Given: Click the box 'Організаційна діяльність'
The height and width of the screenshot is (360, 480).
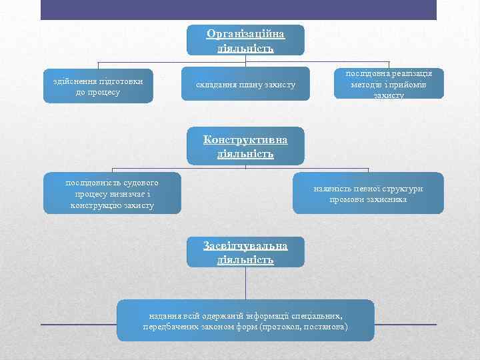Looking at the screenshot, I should pos(245,40).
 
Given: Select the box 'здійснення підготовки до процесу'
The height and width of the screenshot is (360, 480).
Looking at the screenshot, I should pos(98,86).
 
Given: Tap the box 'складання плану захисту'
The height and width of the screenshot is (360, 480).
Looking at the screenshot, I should pos(245,84).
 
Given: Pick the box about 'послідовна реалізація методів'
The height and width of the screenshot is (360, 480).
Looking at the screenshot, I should pos(389,84).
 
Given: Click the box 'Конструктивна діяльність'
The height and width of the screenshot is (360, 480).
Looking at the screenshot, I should pos(245,146).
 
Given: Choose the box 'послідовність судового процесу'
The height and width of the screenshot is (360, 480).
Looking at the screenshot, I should pos(112,193).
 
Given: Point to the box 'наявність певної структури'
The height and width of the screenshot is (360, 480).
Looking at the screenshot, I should pos(368,193).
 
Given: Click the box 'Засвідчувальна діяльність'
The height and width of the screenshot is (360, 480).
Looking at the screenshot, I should pos(245,252).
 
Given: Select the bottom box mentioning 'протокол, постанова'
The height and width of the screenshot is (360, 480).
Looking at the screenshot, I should pos(245,321).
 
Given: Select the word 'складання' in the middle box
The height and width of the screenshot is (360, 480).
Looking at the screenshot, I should pos(213,85).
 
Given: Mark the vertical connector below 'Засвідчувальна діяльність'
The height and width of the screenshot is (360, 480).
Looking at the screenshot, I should pos(245,283).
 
